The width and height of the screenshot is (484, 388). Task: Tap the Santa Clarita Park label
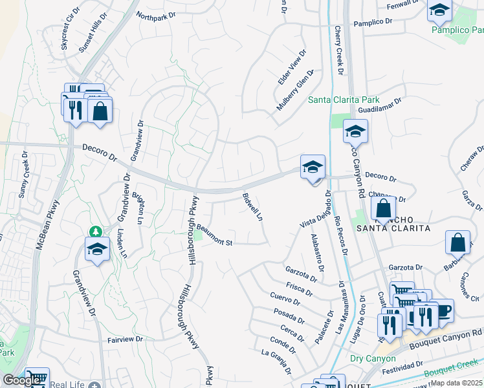(x=343, y=100)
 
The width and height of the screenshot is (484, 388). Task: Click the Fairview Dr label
(x=125, y=339)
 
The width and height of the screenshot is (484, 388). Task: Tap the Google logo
(x=21, y=380)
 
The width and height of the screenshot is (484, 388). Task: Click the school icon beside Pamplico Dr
(x=439, y=10)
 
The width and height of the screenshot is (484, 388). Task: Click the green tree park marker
(x=96, y=232)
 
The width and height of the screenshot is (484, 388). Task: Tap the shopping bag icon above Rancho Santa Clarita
(x=384, y=208)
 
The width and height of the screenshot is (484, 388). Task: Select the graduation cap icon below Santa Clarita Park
(x=355, y=132)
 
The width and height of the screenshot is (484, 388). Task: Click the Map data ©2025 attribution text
(x=456, y=383)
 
